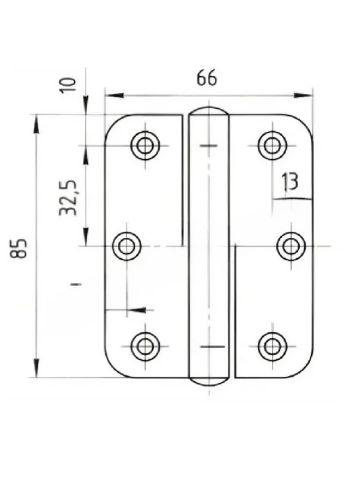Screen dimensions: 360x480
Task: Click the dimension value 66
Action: (207, 77)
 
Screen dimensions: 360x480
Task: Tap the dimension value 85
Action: (18, 248)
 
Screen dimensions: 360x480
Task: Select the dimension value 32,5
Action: (68, 197)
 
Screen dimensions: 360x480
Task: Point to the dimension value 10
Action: (68, 85)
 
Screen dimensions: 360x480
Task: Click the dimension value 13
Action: (290, 182)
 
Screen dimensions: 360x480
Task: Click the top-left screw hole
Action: (145, 145)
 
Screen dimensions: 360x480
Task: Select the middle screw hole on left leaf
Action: (126, 246)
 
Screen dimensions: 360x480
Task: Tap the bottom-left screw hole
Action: (145, 346)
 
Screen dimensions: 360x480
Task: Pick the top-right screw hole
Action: (272, 145)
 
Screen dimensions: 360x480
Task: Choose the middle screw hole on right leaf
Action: (291, 246)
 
